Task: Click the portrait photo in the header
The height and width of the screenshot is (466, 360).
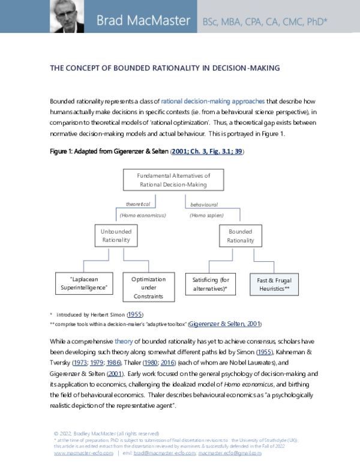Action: [65, 17]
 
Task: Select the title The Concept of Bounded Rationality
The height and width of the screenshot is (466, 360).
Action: [165, 68]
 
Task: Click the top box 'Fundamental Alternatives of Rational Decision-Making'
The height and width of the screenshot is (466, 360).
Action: [164, 180]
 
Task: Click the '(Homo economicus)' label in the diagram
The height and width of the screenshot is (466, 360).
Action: [142, 214]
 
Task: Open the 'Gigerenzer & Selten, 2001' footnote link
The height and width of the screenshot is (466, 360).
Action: [224, 324]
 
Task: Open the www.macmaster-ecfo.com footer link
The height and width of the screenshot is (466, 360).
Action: [83, 453]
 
